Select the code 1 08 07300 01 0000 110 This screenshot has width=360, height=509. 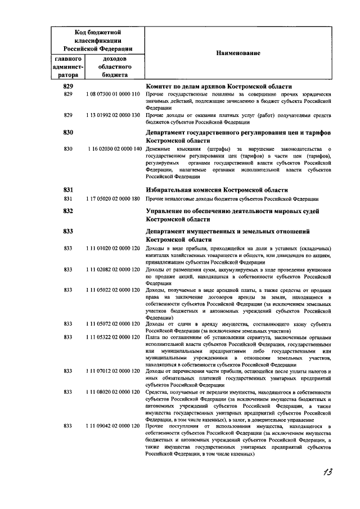pos(113,94)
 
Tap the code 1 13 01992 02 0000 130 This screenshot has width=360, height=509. pos(113,115)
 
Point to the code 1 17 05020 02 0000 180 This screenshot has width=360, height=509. pos(113,199)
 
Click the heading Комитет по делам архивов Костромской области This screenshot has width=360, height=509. pos(218,87)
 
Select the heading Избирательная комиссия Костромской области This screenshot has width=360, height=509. pos(217,190)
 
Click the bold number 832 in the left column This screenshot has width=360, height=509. pos(69,211)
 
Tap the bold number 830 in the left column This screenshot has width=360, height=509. pos(69,133)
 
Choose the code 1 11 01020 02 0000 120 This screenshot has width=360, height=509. pos(113,248)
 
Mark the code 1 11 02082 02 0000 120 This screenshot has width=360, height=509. pos(113,269)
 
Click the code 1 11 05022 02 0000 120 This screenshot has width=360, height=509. pos(113,290)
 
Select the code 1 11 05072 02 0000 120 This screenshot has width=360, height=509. pos(113,324)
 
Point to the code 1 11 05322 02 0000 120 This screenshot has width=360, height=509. pos(113,337)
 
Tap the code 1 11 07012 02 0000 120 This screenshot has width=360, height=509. pos(113,371)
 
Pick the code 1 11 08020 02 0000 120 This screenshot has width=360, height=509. pos(113,391)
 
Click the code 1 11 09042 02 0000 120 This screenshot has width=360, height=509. pos(113,426)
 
